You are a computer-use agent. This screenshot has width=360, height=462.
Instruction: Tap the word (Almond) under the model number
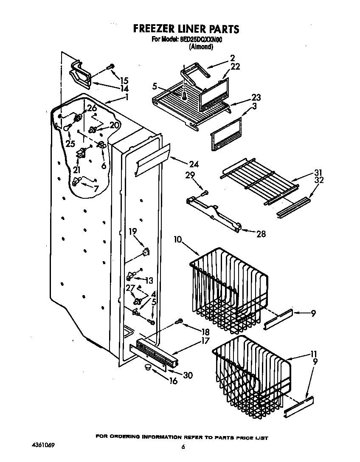pyautogui.click(x=200, y=47)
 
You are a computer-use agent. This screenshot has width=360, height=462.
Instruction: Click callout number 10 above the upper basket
pyautogui.click(x=177, y=240)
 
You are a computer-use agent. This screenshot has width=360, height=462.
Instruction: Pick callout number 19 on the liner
pyautogui.click(x=133, y=231)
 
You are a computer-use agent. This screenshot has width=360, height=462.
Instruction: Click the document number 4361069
pyautogui.click(x=43, y=445)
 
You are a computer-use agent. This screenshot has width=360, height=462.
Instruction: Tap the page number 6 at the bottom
pyautogui.click(x=183, y=447)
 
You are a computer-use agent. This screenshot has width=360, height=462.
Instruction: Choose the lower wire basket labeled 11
pyautogui.click(x=250, y=369)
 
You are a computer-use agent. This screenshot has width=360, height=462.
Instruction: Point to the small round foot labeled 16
pyautogui.click(x=147, y=366)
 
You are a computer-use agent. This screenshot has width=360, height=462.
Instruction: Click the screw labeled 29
pyautogui.click(x=205, y=193)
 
